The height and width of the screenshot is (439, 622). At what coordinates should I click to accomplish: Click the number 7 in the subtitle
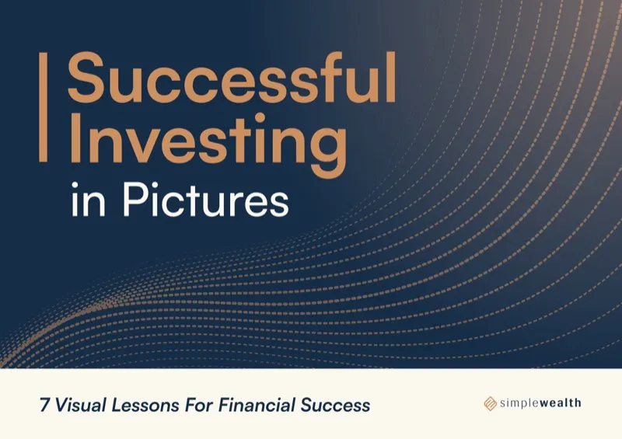pos(45,405)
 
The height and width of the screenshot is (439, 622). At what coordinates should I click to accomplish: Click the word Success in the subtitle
pos(332,405)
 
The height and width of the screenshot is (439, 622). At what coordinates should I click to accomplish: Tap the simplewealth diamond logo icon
pos(490,402)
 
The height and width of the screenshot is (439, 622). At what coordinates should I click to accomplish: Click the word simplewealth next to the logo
pos(540,402)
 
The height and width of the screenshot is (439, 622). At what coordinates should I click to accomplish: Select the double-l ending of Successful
pos(384,79)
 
